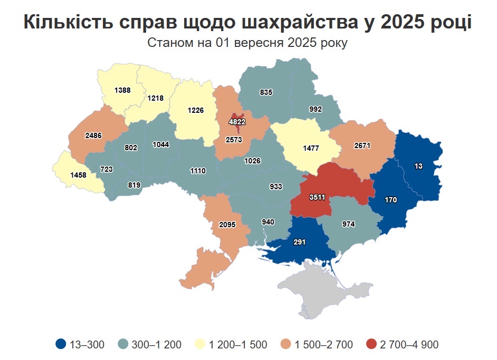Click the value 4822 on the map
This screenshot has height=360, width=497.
pos(237,121)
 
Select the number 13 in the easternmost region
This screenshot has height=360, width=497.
pos(418,166)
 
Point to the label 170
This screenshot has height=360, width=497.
pos(390,200)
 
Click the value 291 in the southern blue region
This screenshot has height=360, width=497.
pos(299,242)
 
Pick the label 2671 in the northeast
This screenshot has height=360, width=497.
pos(364,145)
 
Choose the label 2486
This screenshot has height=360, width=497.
pos(93,135)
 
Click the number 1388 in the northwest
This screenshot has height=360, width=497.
pos(122,91)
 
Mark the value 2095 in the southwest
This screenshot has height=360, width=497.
pos(227,225)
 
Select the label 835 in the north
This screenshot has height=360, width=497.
pos(266,92)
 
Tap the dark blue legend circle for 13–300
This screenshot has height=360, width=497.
pos(61,345)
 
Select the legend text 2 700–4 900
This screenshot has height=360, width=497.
pos(408,345)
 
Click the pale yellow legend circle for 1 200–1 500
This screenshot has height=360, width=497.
pos(200,345)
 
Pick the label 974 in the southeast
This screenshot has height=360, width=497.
pos(348,224)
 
